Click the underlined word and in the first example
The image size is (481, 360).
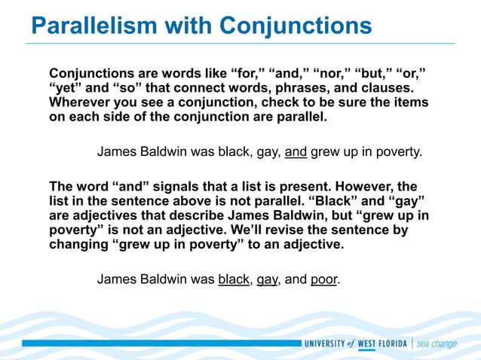tap(296, 151)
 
